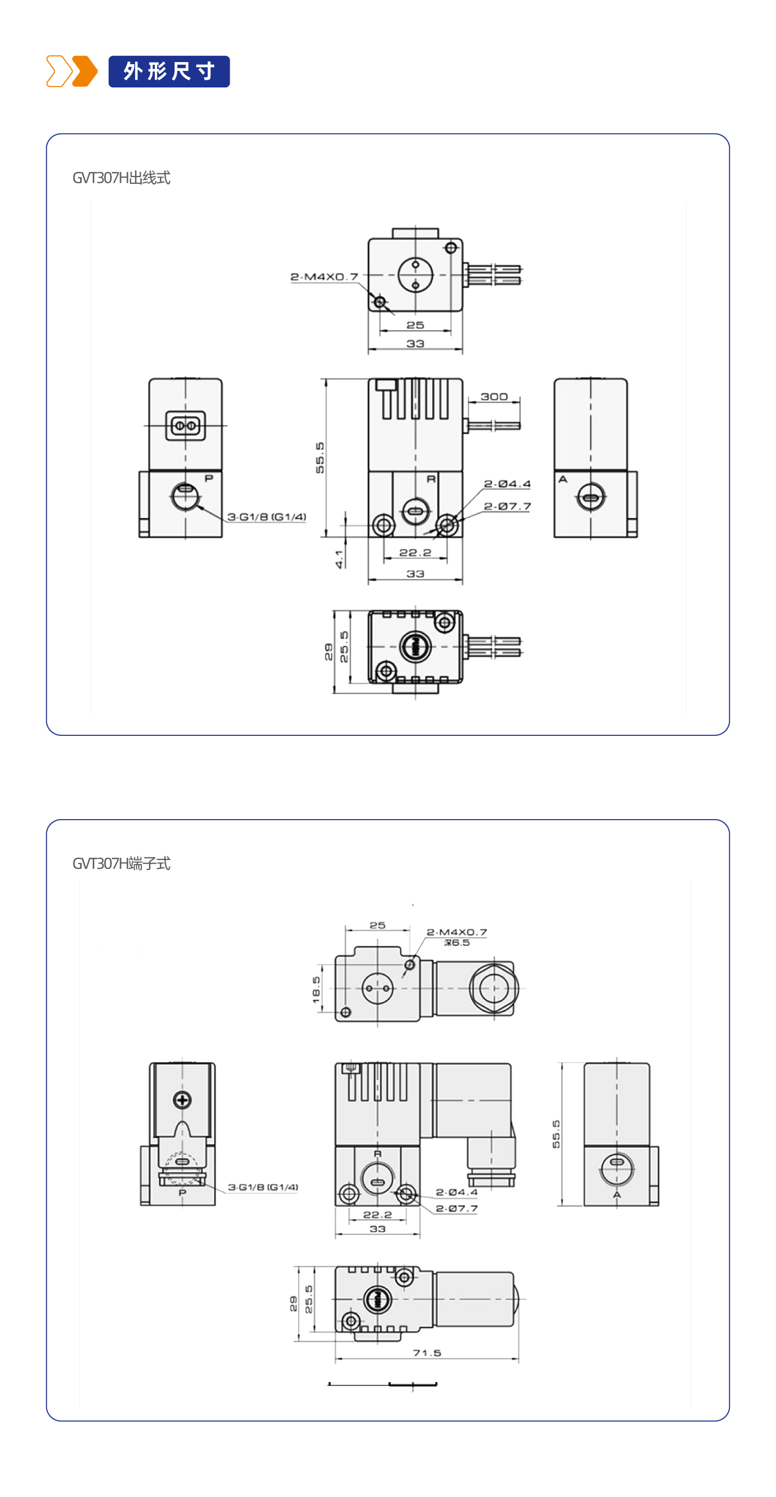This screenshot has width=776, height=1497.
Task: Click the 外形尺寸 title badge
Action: point(169,71)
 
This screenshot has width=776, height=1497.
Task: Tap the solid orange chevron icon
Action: point(85,71)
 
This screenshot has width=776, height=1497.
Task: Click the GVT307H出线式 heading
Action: point(122,178)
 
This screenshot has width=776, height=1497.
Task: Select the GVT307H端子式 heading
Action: point(122,864)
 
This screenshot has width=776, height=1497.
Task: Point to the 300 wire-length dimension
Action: point(494,397)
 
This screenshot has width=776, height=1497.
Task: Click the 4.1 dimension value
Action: point(339,559)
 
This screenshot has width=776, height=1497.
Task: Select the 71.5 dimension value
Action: point(427,1353)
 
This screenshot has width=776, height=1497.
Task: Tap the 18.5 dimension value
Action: point(317,989)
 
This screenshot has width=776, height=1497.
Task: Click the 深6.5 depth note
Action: point(457,943)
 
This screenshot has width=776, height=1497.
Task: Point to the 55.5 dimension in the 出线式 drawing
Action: point(320,457)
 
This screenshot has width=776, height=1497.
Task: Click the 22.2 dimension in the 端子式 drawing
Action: point(378,1214)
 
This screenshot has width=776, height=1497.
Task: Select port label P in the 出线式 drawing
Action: point(209,478)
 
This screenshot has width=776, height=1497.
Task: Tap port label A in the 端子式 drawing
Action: point(617,1195)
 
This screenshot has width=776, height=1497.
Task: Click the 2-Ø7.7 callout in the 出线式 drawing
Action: point(507,507)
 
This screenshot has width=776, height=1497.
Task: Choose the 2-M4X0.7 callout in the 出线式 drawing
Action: point(324,277)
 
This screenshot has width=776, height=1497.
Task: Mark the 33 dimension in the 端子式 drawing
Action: point(378,1229)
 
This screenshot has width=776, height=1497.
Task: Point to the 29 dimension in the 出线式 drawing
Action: point(329,652)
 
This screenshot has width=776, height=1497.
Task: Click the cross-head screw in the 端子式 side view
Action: point(183,1100)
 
